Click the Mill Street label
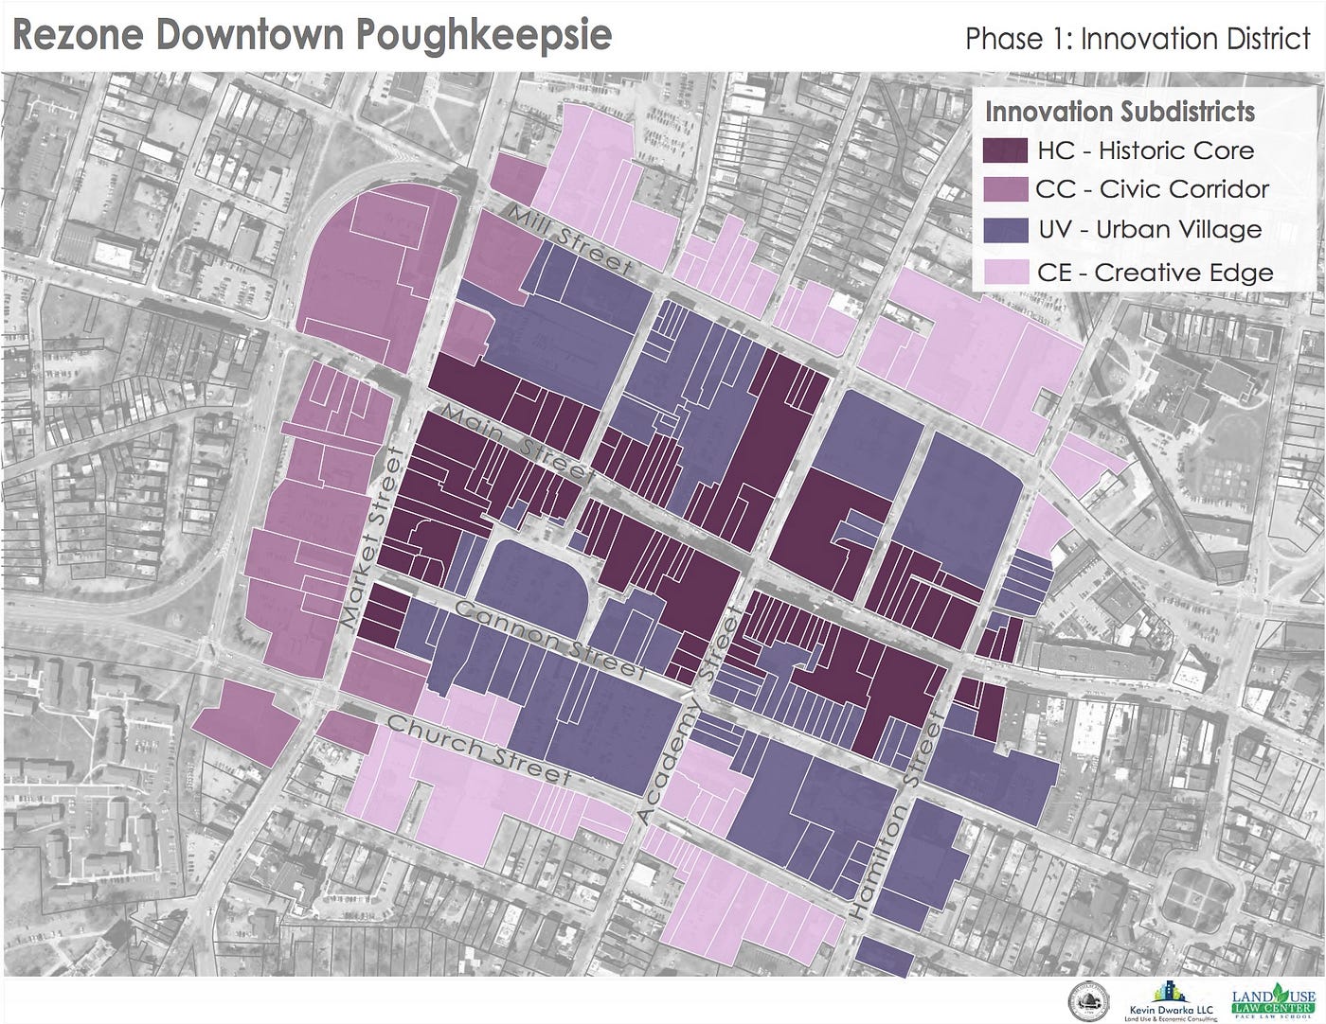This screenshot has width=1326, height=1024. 568,240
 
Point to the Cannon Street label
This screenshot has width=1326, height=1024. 549,640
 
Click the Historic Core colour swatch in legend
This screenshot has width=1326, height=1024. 1005,150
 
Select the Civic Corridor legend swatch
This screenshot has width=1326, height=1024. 1005,189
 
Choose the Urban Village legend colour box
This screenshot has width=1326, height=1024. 1005,230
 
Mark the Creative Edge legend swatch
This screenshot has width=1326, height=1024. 1005,273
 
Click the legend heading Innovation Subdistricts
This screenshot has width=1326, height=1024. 1120,112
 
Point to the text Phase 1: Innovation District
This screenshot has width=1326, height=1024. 1137,39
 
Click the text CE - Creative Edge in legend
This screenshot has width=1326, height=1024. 1155,273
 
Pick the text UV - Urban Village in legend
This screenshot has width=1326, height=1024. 1149,230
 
